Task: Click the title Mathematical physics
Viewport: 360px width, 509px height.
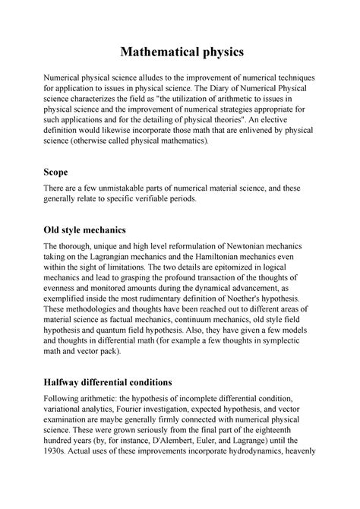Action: point(179,52)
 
